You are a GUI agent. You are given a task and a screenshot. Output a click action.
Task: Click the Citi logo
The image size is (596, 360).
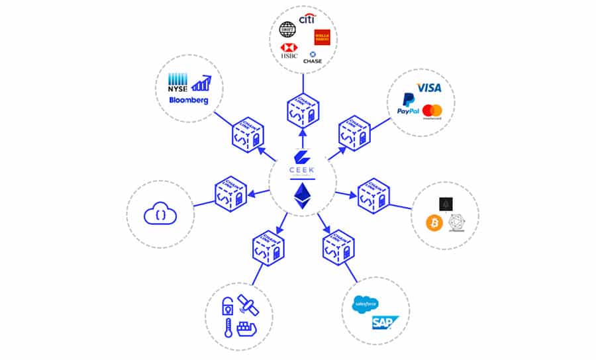tap(306, 19)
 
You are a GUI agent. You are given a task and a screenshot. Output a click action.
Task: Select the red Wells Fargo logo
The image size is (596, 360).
tap(323, 37)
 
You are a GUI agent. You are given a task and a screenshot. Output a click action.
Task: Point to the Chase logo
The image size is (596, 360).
tap(312, 58)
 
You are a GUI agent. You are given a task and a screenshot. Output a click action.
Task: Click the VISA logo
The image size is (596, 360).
tap(429, 88)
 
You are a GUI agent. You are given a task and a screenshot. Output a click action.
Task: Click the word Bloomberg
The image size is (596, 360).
tap(188, 101)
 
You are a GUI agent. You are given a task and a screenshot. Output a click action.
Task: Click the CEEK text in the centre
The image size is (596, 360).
tap(303, 169)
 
